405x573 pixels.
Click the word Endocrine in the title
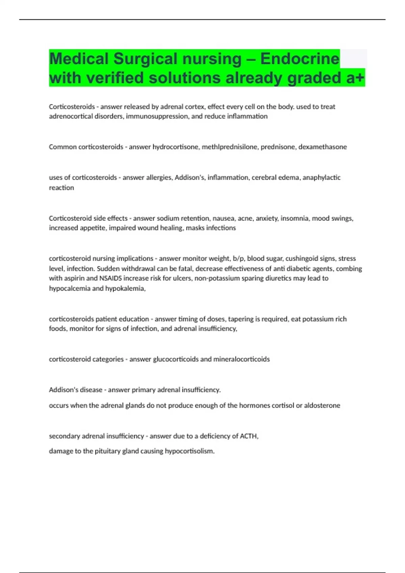(x=299, y=59)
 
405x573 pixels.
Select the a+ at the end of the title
(x=355, y=78)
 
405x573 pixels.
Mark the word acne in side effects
(x=245, y=218)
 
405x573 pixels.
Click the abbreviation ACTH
(x=248, y=436)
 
